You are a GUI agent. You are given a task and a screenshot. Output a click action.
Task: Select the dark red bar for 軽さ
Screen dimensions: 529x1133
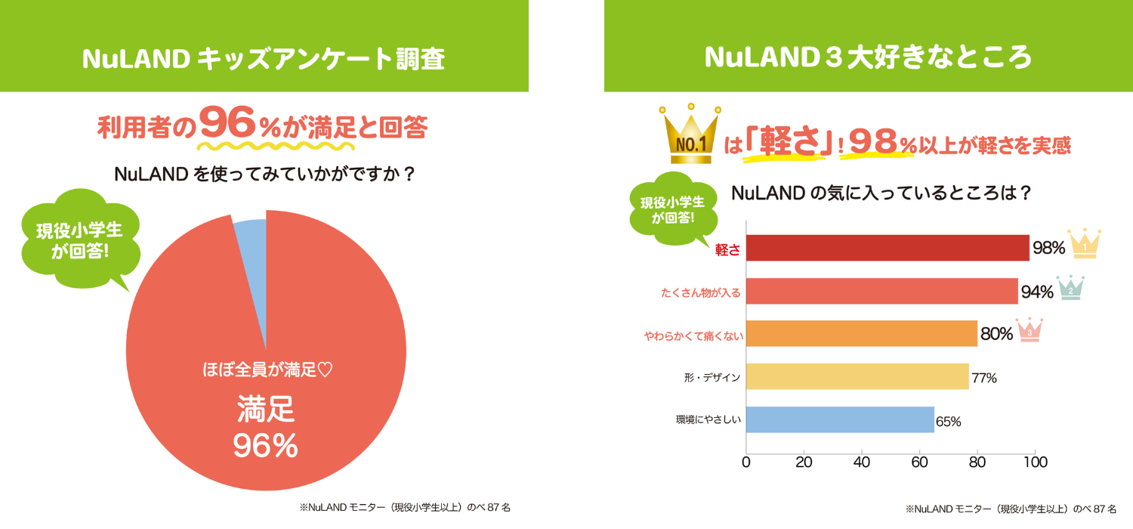887,248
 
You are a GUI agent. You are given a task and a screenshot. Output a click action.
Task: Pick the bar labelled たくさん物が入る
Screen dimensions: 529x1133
881,291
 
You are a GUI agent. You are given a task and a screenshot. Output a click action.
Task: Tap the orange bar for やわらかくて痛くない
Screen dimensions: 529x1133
861,334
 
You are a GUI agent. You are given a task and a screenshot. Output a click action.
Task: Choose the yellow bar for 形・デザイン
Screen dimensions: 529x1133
857,376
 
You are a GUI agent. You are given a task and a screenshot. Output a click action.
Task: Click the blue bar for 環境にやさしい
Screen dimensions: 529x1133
840,419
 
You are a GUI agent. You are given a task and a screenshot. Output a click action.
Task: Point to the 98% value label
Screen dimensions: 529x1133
1048,248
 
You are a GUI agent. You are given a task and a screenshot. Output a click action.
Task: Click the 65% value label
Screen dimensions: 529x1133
948,422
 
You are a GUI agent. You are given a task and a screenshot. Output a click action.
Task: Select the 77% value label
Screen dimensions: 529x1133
983,378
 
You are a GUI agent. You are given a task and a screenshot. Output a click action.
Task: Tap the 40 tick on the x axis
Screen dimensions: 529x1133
862,462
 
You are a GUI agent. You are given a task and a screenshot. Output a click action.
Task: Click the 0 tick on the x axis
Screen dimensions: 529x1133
746,462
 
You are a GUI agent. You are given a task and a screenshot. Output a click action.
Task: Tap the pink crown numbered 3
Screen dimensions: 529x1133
1029,329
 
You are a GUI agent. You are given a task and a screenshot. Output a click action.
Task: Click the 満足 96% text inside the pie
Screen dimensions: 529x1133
266,428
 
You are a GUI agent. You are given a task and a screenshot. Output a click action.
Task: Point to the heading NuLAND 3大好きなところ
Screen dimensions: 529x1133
868,58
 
